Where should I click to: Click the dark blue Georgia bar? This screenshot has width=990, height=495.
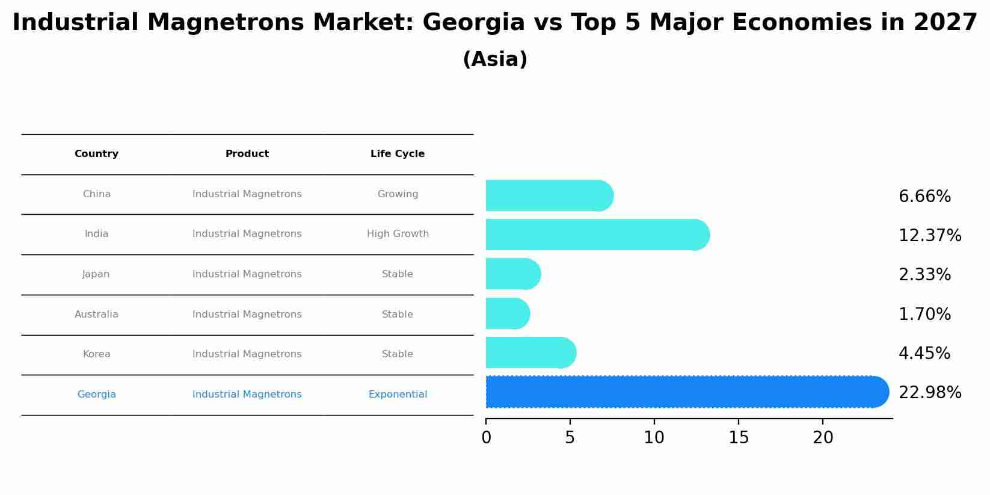(x=686, y=392)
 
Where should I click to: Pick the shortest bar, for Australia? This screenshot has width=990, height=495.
(x=507, y=313)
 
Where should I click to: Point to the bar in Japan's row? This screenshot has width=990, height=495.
(x=512, y=274)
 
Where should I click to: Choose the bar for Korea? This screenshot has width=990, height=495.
(x=530, y=352)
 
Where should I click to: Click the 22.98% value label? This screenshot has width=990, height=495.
(x=929, y=393)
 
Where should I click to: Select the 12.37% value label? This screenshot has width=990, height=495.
(x=929, y=236)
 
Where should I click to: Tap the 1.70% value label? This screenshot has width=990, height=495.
(x=924, y=315)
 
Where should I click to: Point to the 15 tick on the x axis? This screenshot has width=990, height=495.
(x=739, y=438)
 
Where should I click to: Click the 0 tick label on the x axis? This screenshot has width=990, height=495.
(x=486, y=438)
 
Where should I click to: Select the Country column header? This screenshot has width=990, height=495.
(x=96, y=154)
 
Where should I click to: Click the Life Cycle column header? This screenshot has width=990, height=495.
(x=398, y=154)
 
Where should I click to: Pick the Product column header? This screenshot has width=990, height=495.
(x=247, y=154)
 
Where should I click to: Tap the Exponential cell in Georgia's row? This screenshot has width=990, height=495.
(x=398, y=395)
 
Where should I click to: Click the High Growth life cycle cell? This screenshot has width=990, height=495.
(x=398, y=234)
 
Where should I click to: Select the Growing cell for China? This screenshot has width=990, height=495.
(x=398, y=194)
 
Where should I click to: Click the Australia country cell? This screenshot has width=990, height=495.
(x=96, y=315)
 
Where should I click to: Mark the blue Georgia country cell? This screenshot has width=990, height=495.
(x=96, y=395)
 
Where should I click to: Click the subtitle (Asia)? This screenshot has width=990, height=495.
(x=495, y=60)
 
